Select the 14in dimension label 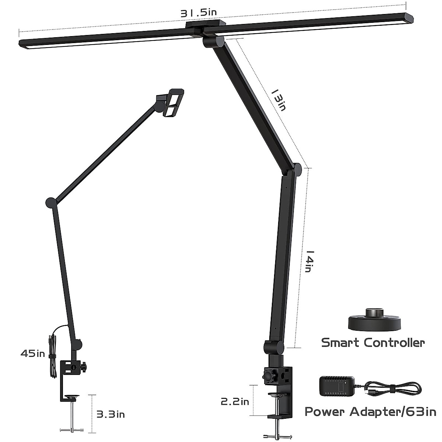[309, 261]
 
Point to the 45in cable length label [32, 354]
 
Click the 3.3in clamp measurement [110, 414]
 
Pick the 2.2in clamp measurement [235, 401]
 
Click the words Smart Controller [373, 343]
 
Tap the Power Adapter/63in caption [370, 411]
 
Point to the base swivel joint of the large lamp [273, 347]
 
